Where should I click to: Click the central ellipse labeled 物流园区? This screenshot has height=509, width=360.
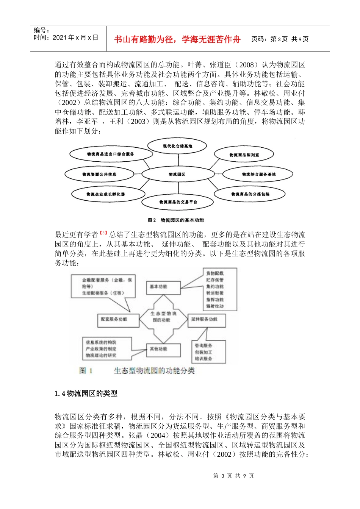coord(177,174)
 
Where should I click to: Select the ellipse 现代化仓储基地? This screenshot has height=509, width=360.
coord(177,146)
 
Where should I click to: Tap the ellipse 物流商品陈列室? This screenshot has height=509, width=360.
coord(244,155)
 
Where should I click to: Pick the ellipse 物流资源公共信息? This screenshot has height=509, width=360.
coord(99,174)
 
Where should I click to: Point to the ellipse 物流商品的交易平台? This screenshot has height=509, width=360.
coord(178,202)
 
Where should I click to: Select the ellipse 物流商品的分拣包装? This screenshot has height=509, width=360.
coord(250,194)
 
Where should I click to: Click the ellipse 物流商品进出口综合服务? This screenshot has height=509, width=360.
coord(111,154)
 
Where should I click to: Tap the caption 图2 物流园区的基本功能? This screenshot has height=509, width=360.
coord(176,220)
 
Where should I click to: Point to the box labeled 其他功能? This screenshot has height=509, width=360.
coord(163,349)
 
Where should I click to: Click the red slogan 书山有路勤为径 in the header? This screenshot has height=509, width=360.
coord(177,39)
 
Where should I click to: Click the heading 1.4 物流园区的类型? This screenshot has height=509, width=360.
coord(86,393)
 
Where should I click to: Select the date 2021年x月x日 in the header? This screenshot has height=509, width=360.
coord(75,37)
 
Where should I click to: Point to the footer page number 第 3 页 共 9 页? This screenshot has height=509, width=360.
coord(233,476)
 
